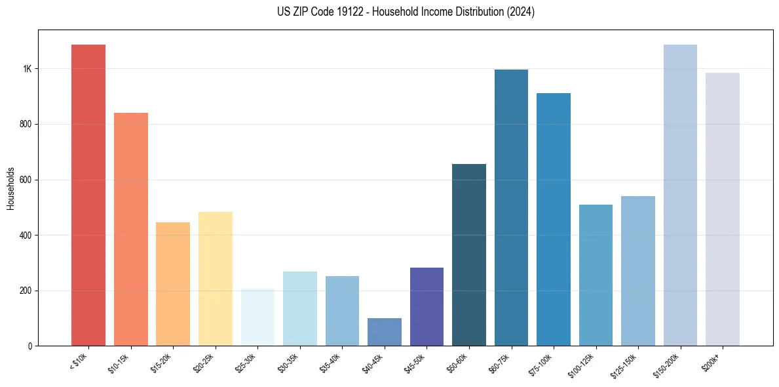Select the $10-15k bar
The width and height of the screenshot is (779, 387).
pyautogui.click(x=130, y=229)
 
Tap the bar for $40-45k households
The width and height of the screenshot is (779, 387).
pyautogui.click(x=384, y=332)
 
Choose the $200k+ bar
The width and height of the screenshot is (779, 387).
pyautogui.click(x=722, y=209)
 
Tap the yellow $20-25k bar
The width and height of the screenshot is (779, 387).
pyautogui.click(x=215, y=278)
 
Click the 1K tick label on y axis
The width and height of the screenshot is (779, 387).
pyautogui.click(x=27, y=69)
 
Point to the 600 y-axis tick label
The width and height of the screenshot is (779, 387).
pyautogui.click(x=26, y=180)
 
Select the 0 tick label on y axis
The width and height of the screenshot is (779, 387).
pyautogui.click(x=29, y=346)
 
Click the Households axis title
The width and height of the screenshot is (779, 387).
pyautogui.click(x=10, y=188)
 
